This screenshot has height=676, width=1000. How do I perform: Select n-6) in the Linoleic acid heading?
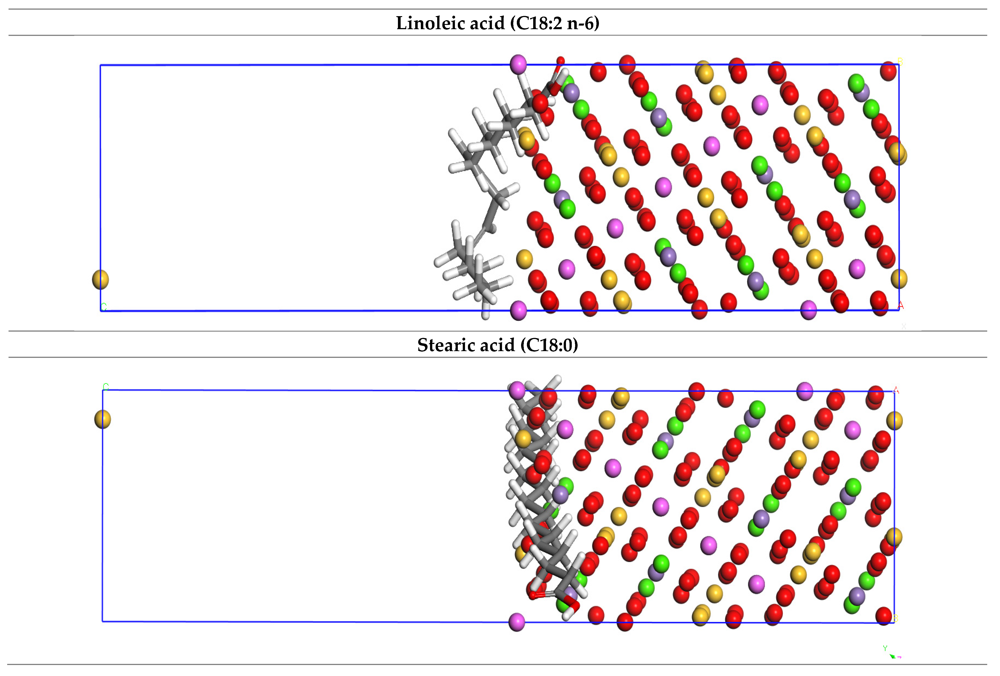583,23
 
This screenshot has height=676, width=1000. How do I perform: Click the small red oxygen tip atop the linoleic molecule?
560,61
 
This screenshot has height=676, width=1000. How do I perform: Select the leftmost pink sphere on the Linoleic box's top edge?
518,64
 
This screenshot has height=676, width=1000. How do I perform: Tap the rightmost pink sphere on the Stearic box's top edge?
804,391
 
